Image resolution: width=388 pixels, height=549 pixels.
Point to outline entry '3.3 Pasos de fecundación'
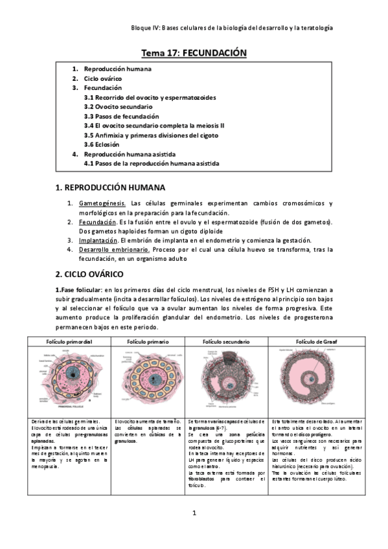121,116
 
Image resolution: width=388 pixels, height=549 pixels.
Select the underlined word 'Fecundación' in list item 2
98,222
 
